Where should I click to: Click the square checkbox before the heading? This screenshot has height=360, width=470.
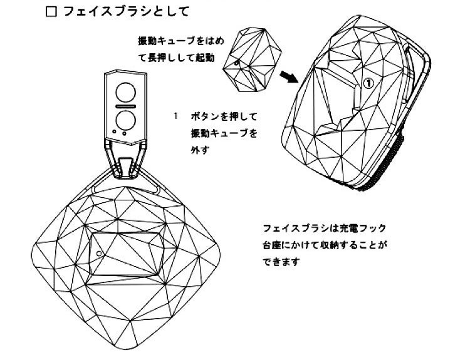click(51, 12)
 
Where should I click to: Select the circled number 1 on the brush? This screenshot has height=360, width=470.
click(368, 81)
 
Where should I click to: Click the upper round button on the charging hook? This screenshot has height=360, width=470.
click(125, 92)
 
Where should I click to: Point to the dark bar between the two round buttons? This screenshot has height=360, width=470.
click(125, 105)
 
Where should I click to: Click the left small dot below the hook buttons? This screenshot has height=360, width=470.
click(114, 132)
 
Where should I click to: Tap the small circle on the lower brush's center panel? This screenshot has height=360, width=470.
click(100, 253)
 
